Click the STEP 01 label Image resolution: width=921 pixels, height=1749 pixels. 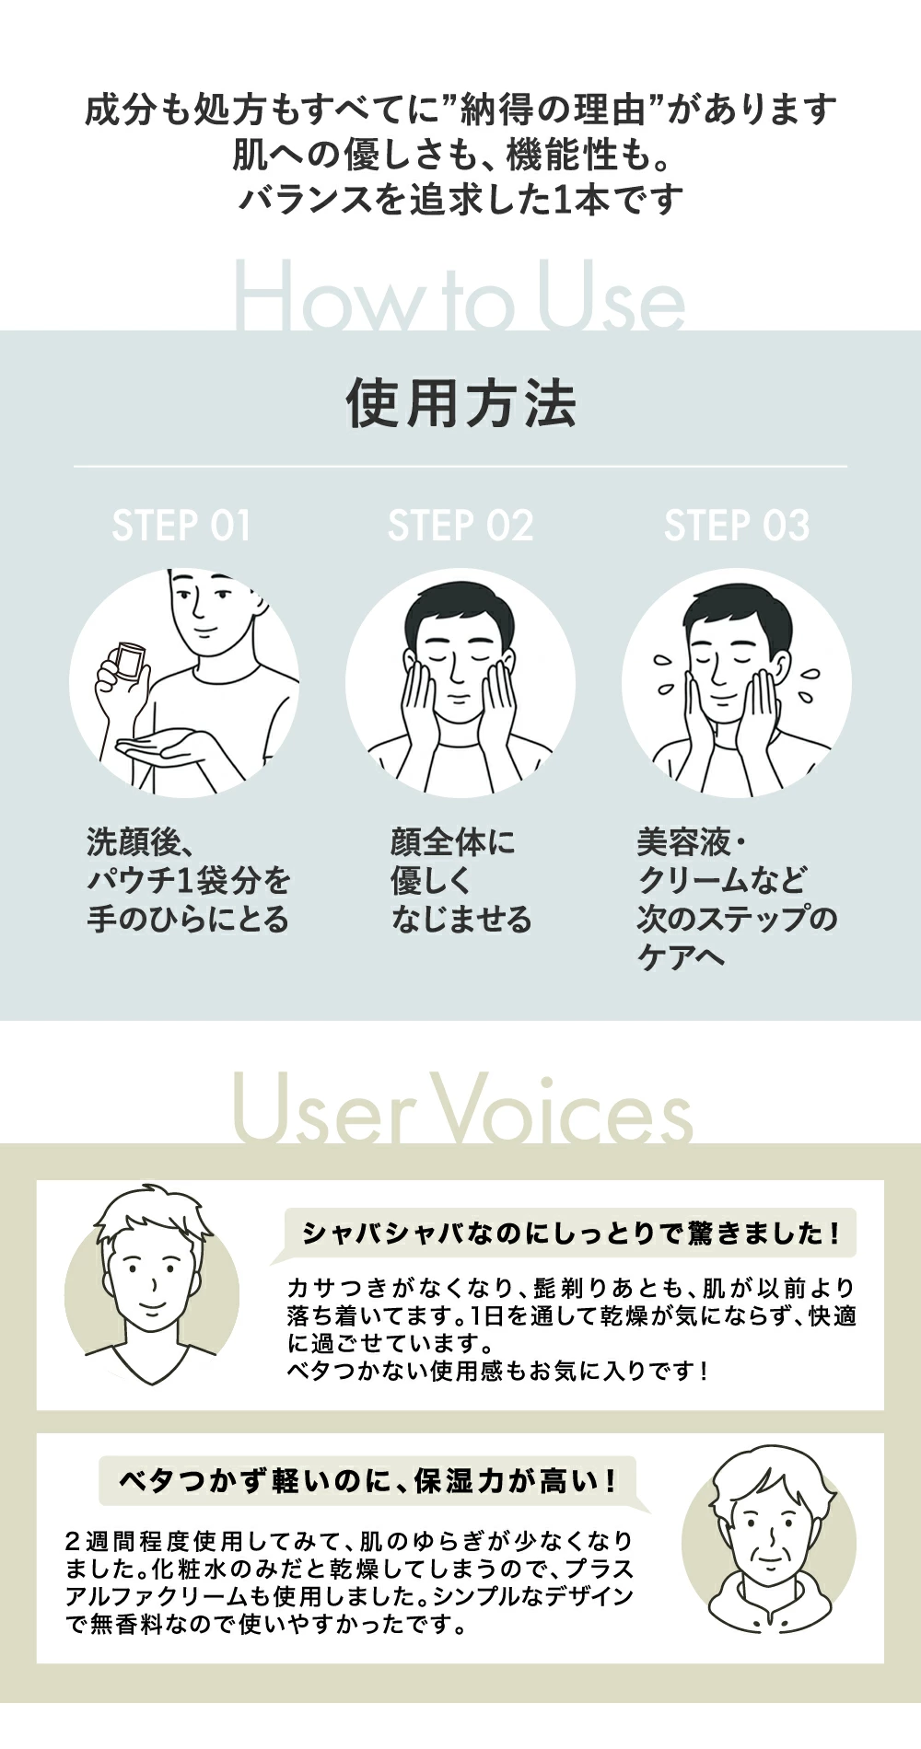(x=181, y=526)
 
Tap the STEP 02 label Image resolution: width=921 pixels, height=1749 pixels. (x=460, y=526)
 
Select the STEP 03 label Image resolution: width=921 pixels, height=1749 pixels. (x=737, y=526)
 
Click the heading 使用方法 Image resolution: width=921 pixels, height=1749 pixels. (x=460, y=403)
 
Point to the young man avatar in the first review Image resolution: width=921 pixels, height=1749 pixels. (x=152, y=1285)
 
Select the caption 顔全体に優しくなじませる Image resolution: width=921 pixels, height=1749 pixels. (x=461, y=880)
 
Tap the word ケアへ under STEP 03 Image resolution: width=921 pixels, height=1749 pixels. (x=682, y=957)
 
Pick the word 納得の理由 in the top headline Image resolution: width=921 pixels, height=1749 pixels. (x=555, y=110)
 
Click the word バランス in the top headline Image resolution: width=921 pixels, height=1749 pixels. (x=304, y=199)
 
